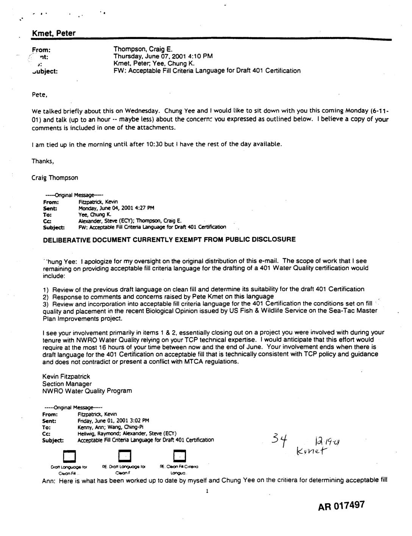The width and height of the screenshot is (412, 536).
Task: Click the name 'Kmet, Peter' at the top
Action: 53,33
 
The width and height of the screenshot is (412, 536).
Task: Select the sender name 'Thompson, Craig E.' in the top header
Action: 143,49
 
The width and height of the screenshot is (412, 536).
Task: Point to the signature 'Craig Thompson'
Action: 55,178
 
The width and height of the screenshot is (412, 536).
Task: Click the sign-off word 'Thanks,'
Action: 43,161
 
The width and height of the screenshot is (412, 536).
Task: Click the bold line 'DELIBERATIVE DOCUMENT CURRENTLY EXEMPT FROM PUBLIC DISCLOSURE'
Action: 169,239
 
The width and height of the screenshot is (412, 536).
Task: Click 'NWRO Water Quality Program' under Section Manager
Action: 87,391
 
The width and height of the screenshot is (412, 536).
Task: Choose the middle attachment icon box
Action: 125,456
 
